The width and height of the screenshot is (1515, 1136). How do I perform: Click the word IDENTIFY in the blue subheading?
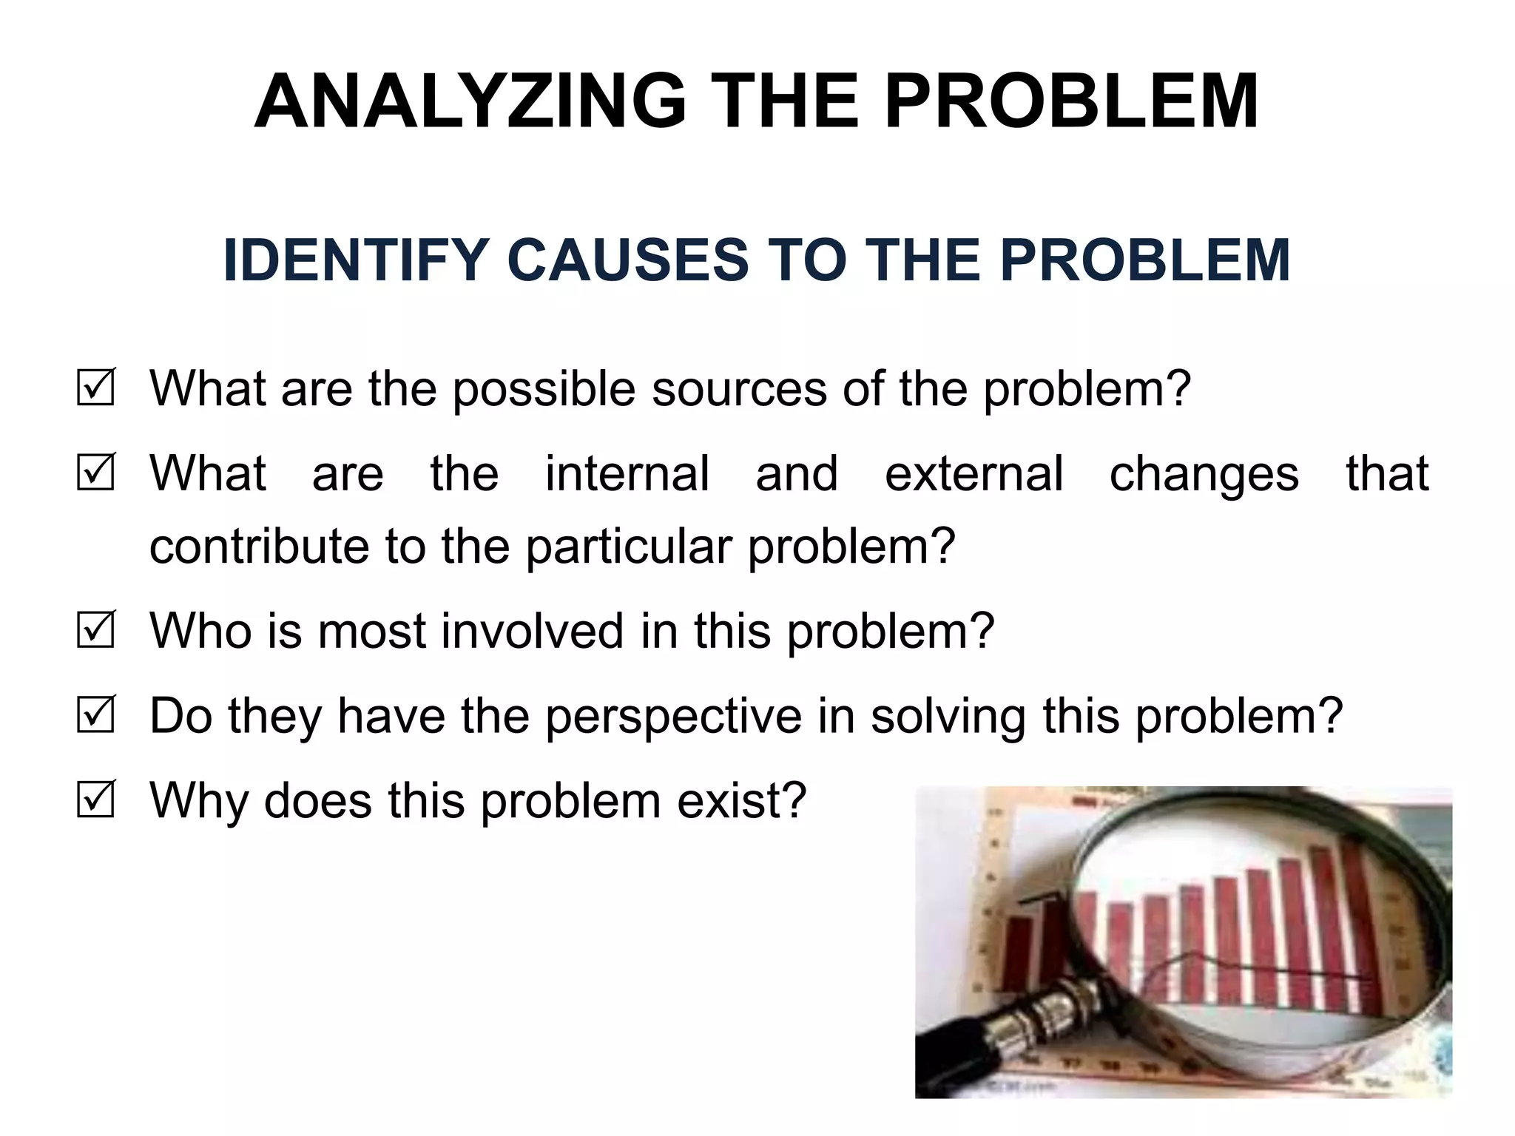[351, 260]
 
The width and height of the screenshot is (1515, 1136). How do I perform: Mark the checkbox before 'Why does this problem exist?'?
[95, 799]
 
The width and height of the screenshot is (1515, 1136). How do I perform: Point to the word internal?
[627, 473]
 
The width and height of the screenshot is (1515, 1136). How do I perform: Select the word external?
[974, 473]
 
